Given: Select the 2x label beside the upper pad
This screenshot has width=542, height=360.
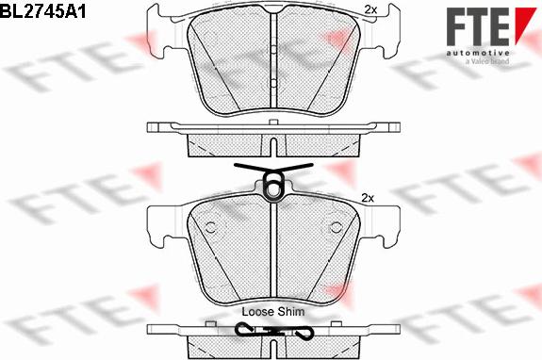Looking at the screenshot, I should [x=370, y=10].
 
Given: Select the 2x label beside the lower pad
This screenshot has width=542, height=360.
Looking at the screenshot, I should [x=368, y=197].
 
